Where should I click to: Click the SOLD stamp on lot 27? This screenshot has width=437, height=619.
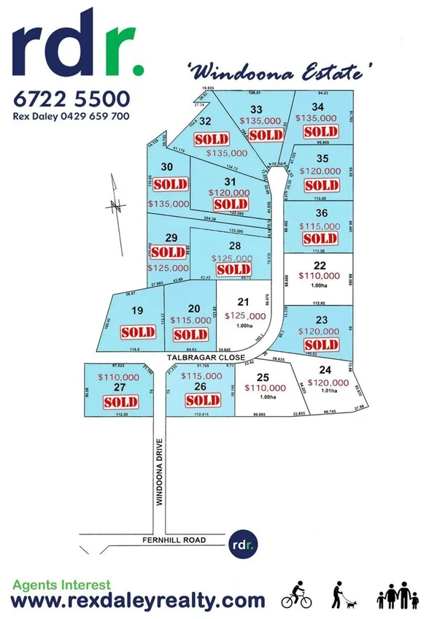tap(120, 402)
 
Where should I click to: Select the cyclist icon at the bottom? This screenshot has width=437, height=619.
tap(297, 596)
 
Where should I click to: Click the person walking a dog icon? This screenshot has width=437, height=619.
tap(341, 596)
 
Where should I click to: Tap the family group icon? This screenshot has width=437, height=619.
tap(398, 596)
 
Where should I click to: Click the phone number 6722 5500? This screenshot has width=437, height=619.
tap(72, 99)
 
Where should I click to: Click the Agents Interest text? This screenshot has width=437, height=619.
tap(62, 585)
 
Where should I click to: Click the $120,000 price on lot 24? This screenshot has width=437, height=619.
tap(328, 382)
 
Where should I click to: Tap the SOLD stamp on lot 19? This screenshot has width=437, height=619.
tap(138, 332)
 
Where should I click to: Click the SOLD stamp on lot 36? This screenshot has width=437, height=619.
tap(320, 239)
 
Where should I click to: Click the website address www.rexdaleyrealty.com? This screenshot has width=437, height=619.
tap(139, 601)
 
